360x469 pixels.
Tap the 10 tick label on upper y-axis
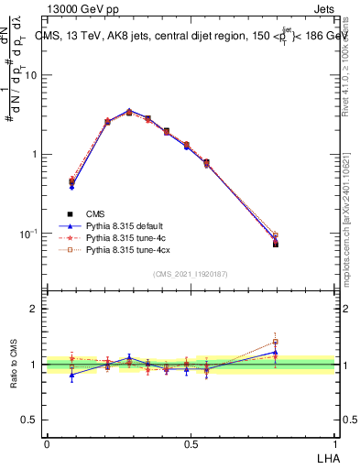[x=30, y=75]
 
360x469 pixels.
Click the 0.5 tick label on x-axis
[x=191, y=442]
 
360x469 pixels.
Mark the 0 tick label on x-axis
[x=47, y=442]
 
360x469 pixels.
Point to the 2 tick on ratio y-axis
[x=35, y=309]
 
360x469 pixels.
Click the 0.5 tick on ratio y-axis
[x=31, y=420]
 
